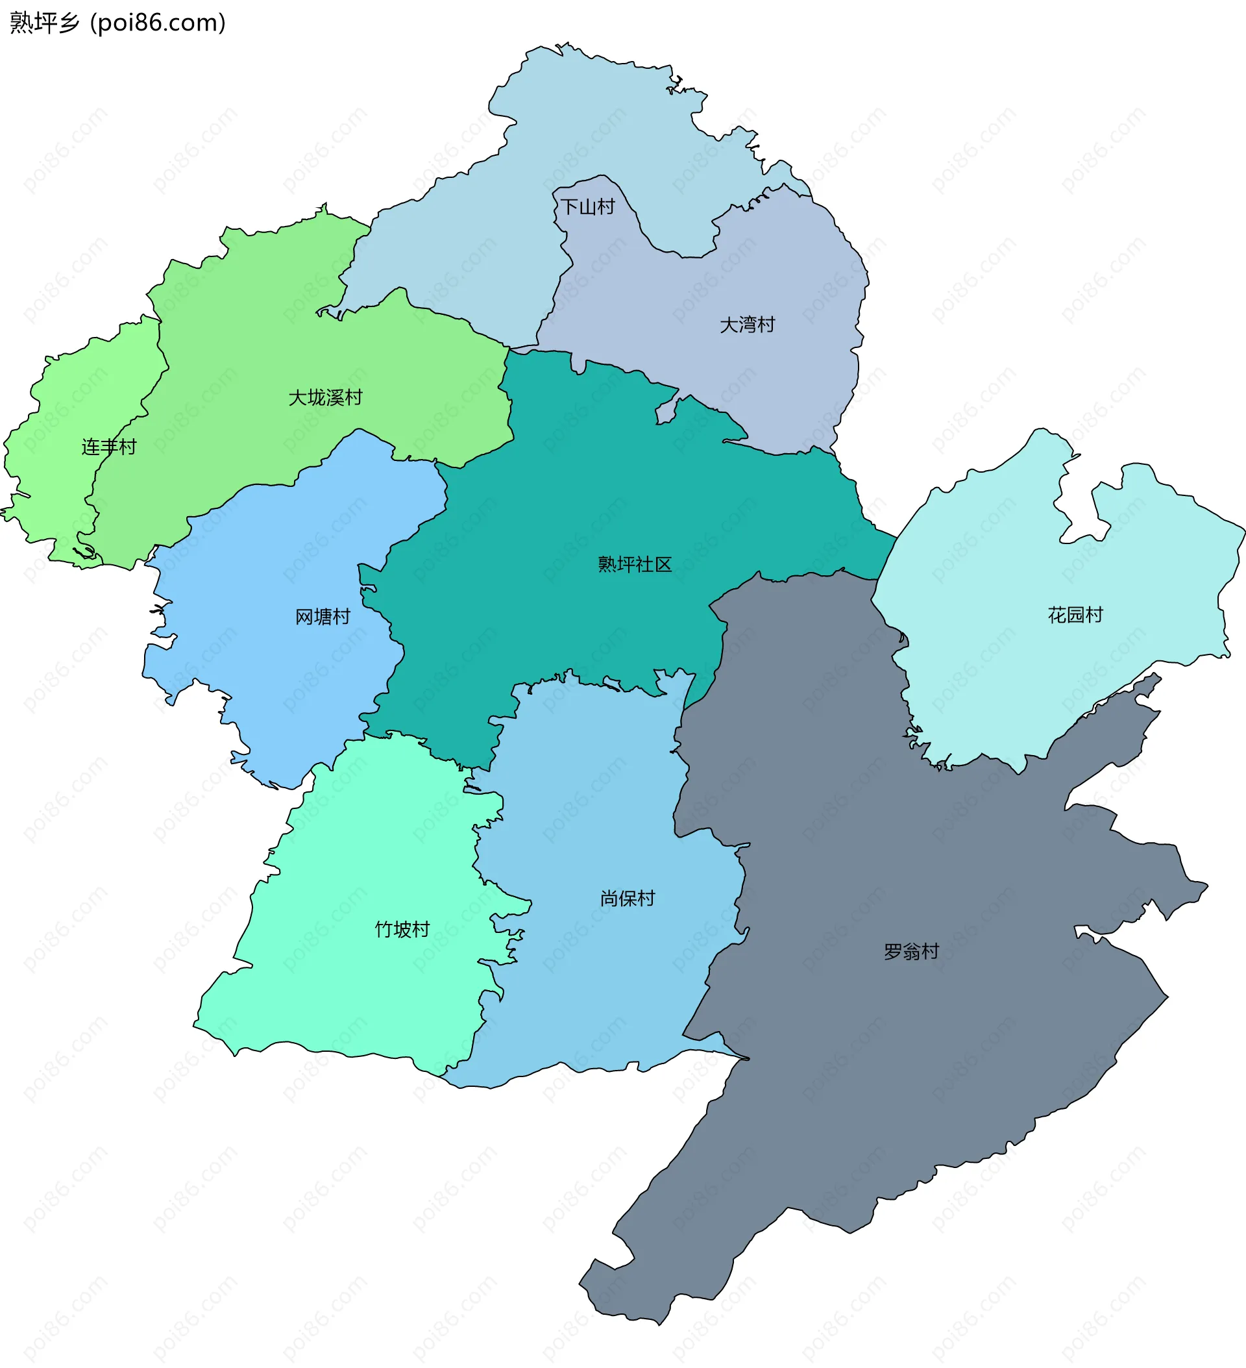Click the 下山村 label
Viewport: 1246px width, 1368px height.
coord(587,207)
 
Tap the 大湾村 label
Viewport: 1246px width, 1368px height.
coord(747,325)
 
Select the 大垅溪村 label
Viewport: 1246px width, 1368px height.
coord(326,397)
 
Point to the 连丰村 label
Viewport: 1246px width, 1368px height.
coord(108,447)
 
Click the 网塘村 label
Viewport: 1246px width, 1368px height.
coord(323,617)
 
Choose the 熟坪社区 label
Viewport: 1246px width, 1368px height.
coord(635,565)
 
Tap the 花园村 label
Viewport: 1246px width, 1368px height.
coord(1075,615)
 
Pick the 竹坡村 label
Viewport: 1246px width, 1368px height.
coord(402,930)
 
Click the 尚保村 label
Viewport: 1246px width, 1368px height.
coord(628,899)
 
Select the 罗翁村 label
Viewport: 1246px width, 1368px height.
coord(911,951)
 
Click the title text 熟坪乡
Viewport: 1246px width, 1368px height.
coord(45,23)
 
